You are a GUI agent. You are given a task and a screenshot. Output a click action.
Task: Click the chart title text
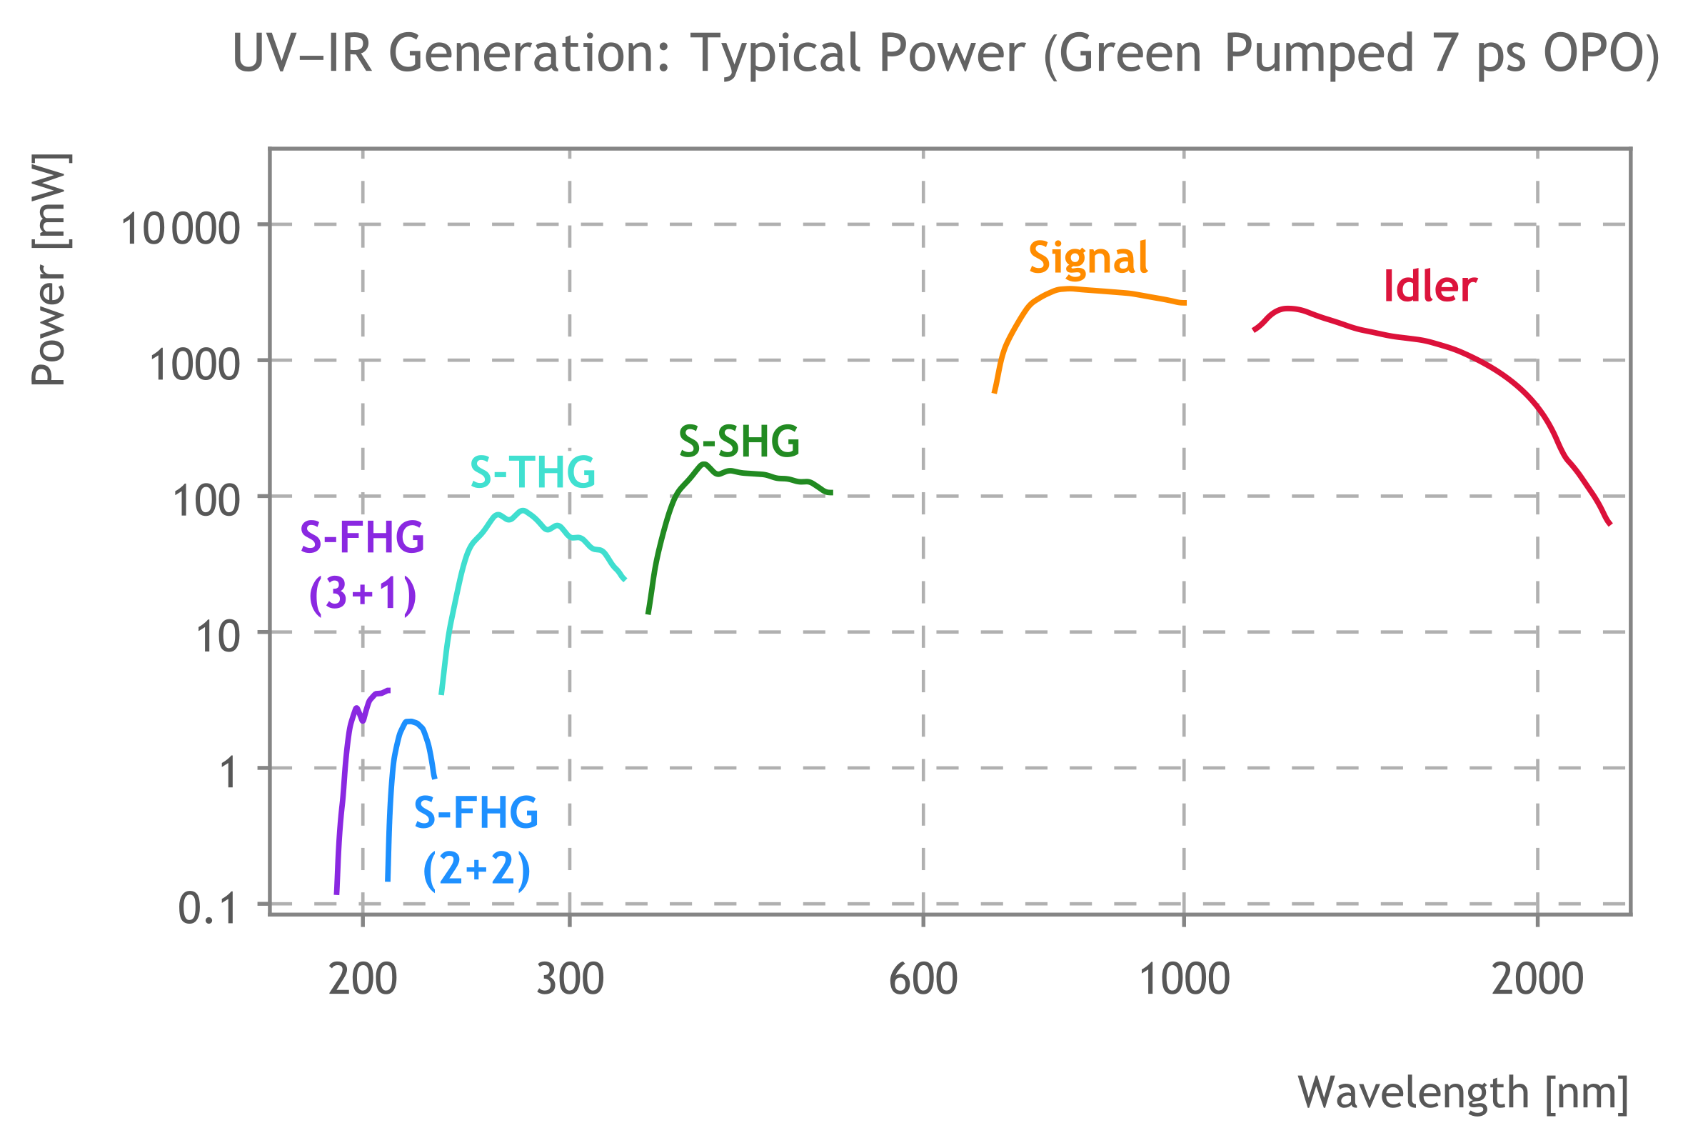click(945, 54)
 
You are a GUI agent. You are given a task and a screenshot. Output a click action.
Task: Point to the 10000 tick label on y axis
click(181, 229)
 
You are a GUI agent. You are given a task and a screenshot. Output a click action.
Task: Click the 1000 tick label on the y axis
click(194, 364)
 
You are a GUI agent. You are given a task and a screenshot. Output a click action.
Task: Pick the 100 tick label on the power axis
click(206, 501)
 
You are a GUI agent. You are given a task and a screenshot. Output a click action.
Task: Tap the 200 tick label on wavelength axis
click(363, 979)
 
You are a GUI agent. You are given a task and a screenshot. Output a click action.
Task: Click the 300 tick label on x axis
click(570, 979)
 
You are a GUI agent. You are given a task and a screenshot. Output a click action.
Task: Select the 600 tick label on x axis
click(923, 979)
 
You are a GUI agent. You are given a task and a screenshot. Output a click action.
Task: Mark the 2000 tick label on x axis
click(1537, 979)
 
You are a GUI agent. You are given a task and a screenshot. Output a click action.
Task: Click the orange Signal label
click(1088, 259)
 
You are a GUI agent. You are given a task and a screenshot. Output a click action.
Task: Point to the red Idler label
click(1430, 286)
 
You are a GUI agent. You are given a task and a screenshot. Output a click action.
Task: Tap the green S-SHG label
click(738, 441)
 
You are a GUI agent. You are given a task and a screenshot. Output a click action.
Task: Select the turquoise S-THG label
click(532, 472)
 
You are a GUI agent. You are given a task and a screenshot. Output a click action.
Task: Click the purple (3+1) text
click(363, 593)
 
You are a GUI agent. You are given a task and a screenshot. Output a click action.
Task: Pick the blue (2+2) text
click(476, 869)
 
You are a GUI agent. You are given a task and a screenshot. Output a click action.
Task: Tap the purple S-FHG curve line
click(343, 774)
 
